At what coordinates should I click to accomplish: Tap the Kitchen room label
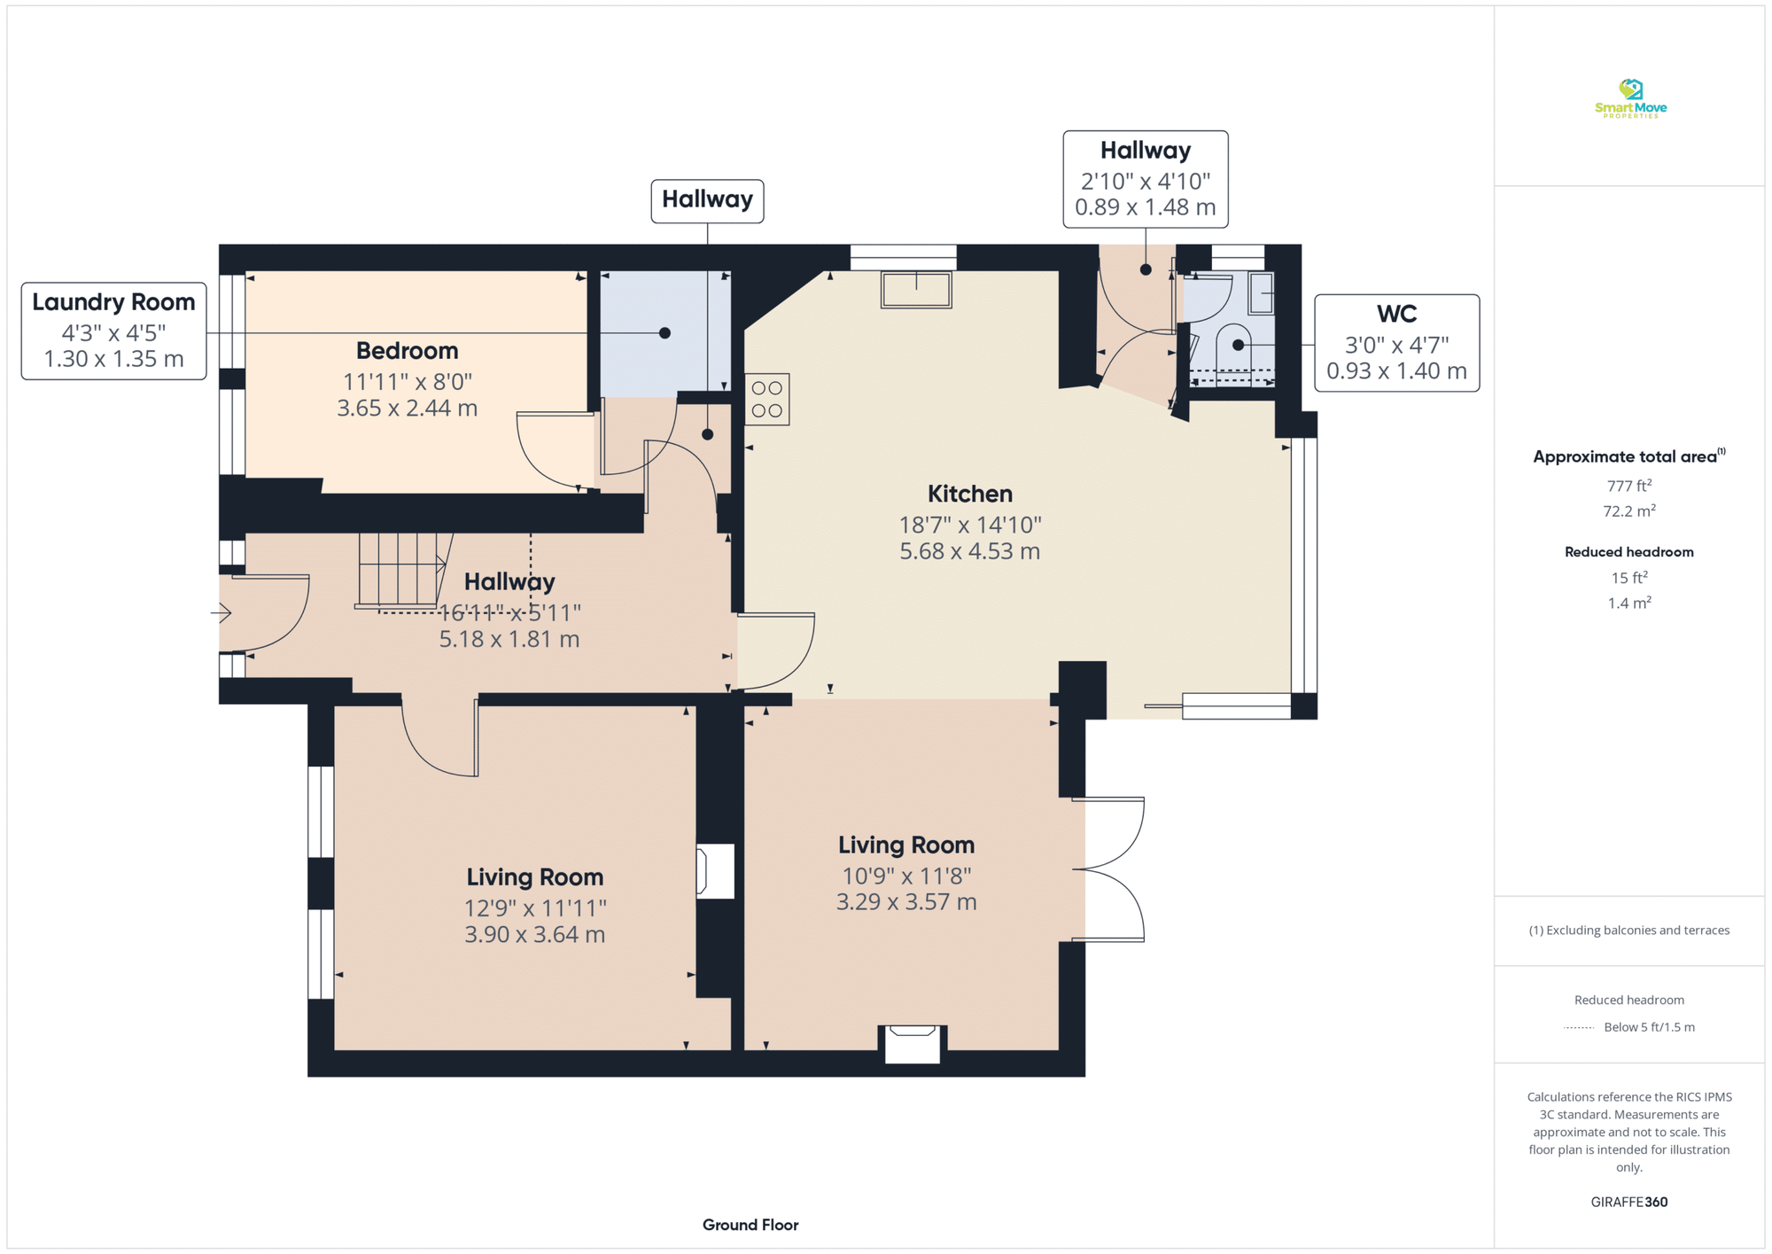[x=969, y=494]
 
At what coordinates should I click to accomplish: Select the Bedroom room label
[x=407, y=351]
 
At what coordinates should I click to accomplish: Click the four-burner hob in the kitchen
[x=767, y=400]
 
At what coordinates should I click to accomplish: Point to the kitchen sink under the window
[x=916, y=290]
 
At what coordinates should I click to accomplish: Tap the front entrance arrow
[x=221, y=612]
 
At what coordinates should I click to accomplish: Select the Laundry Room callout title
[x=113, y=302]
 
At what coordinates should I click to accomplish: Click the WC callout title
[x=1396, y=314]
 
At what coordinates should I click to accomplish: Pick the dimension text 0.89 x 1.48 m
[x=1145, y=207]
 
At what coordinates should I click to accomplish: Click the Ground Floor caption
[x=750, y=1225]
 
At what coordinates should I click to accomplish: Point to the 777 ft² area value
[x=1629, y=486]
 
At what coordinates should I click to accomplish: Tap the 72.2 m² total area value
[x=1629, y=511]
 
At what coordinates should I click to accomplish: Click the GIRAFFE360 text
[x=1628, y=1203]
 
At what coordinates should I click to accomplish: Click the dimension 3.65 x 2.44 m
[x=407, y=409]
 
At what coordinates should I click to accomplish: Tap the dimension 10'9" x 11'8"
[x=906, y=876]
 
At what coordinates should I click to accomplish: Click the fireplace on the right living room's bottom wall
[x=913, y=1044]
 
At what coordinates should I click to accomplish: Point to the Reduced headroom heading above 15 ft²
[x=1628, y=552]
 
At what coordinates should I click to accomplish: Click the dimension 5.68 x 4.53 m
[x=969, y=551]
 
